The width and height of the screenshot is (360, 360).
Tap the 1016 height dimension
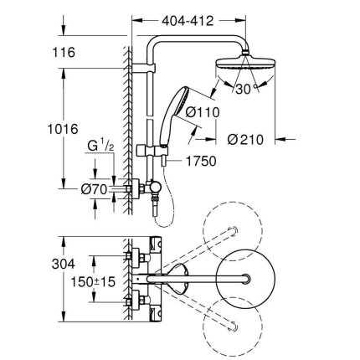coord(63,129)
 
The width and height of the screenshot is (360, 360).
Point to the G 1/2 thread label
coord(100,148)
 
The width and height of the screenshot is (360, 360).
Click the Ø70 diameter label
coord(93,189)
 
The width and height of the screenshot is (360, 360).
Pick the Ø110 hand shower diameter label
coord(203,111)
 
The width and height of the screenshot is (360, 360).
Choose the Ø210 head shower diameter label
coord(245,140)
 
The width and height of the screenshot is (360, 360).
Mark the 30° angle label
coord(244,89)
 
